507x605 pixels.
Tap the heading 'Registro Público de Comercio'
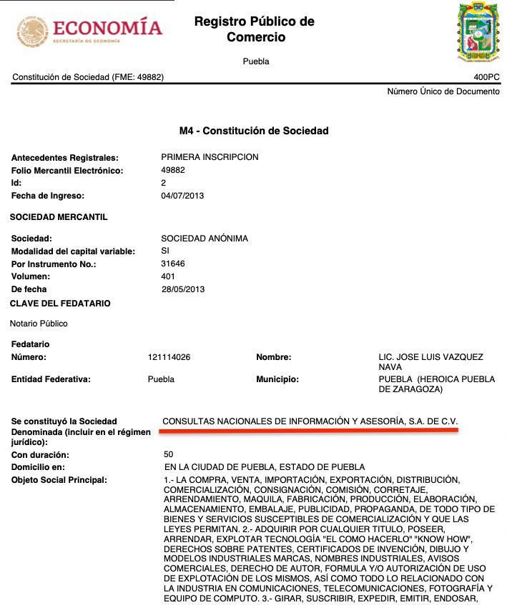point(255,29)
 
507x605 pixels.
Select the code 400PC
point(486,77)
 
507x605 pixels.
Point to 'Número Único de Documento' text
point(443,91)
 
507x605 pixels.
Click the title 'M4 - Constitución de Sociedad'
point(254,131)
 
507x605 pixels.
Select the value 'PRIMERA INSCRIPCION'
point(210,157)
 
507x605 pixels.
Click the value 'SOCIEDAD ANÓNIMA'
point(205,239)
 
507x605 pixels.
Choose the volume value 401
point(169,276)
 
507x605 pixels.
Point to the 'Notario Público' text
point(39,324)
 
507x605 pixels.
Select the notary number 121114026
point(169,357)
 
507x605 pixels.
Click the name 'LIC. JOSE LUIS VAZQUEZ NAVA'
point(430,361)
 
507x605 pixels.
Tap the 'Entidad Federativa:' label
point(51,379)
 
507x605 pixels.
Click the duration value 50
point(169,454)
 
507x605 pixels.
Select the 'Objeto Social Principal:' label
point(59,479)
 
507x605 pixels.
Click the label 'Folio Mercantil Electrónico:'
point(67,171)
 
